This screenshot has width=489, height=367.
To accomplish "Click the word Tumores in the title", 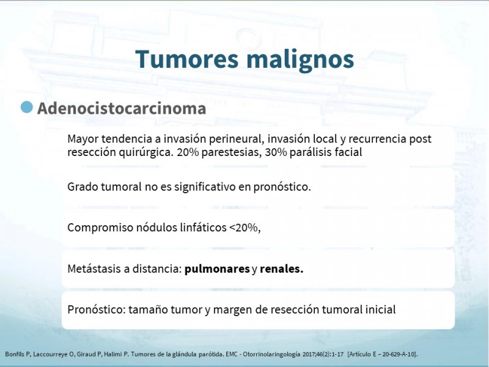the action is (187, 59).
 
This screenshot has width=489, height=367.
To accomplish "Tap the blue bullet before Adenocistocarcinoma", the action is (27, 106).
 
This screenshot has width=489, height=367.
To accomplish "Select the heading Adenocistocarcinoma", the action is (122, 108).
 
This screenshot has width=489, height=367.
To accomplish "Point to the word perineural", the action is (235, 139).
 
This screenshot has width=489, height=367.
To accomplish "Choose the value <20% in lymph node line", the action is (243, 228).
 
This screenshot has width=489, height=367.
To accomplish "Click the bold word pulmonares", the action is (217, 269).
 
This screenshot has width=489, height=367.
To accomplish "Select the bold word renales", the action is (281, 269).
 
